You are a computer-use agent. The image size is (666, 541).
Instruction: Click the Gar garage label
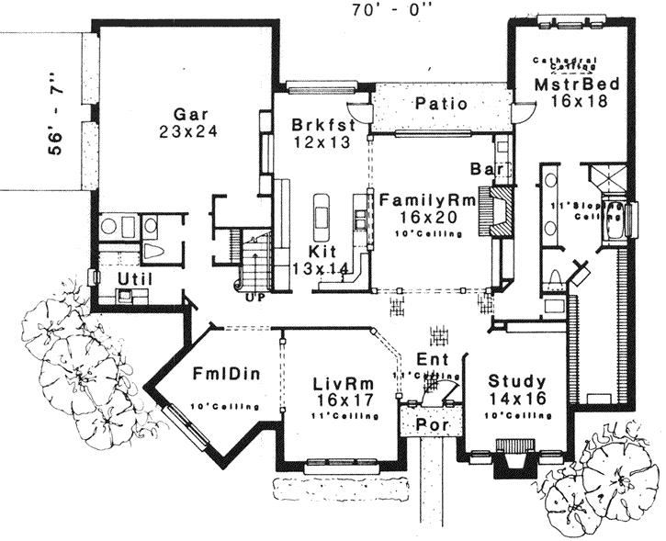point(186,114)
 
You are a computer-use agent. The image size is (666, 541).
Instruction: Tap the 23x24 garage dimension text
point(186,131)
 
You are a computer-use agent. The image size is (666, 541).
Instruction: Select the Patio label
point(442,104)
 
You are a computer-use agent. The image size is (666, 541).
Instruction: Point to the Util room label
point(135,278)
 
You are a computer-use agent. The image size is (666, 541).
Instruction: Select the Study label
point(517,381)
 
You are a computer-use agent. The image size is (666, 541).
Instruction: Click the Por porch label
point(431,425)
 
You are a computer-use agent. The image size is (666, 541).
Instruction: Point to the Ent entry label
point(432,358)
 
